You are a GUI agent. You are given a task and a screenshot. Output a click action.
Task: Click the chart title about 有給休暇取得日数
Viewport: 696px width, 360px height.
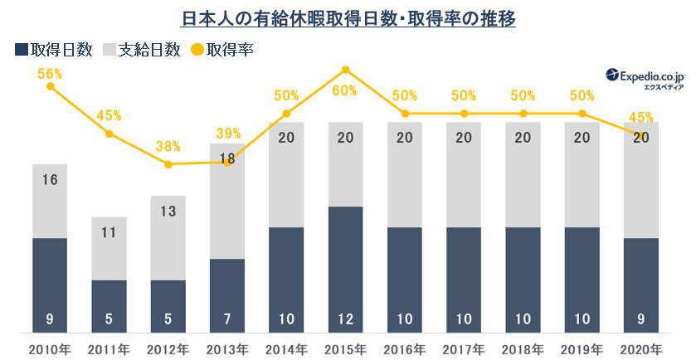point(348,17)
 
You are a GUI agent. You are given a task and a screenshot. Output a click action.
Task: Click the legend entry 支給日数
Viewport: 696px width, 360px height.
point(142,50)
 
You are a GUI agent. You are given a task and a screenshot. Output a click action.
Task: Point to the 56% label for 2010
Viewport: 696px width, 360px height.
point(50,74)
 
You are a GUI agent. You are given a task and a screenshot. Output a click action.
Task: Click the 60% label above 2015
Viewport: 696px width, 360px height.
point(346,90)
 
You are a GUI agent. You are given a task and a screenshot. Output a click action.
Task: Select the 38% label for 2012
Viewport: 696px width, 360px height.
point(168,146)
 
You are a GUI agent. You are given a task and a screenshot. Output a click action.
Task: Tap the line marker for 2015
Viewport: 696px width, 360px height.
point(346,71)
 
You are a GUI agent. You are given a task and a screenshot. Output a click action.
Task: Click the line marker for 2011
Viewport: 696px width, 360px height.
point(109,134)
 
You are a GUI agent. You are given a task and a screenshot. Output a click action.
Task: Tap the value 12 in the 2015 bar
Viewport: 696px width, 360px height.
point(346,318)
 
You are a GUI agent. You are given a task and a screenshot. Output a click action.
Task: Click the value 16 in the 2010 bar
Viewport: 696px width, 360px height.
point(50,180)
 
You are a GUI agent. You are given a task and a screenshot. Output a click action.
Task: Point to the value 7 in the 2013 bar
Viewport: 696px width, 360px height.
point(227,318)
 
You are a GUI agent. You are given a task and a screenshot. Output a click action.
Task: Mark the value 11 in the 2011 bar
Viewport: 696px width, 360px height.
point(109,233)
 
